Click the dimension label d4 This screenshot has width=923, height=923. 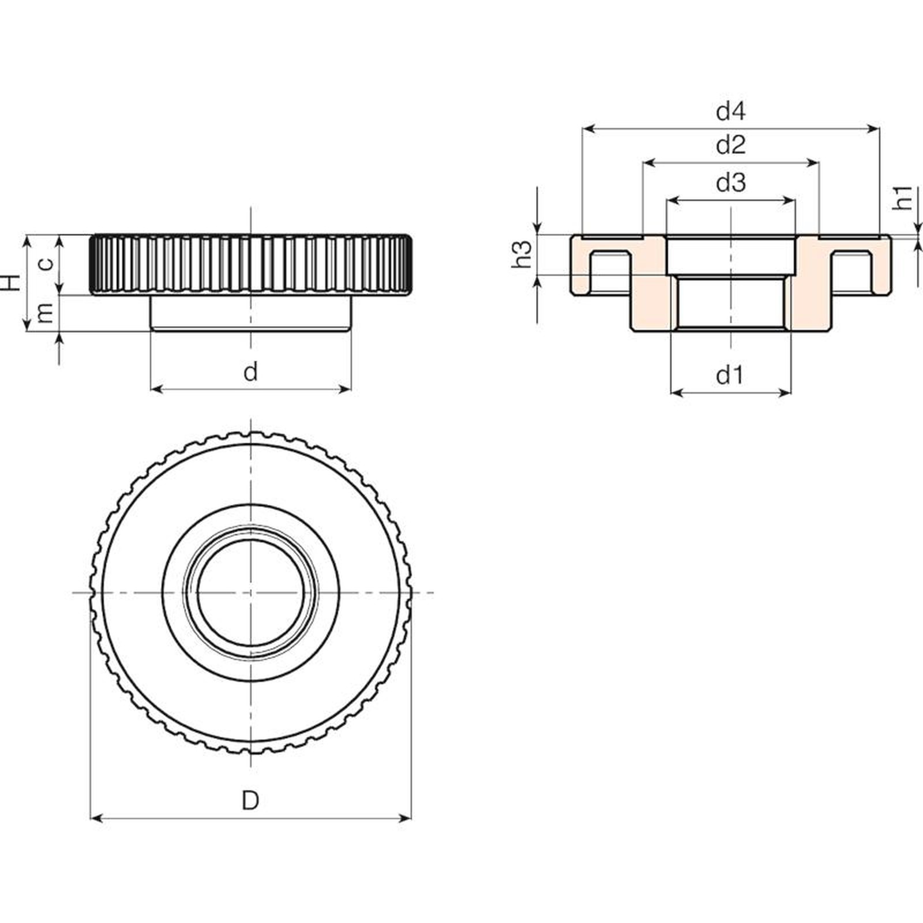tap(731, 110)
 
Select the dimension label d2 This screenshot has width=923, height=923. tap(731, 145)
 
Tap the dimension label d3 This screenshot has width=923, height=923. tap(731, 182)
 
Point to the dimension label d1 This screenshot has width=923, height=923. tap(730, 376)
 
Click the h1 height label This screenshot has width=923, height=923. tap(904, 197)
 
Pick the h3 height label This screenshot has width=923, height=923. tap(523, 254)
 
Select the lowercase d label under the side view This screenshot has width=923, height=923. tap(250, 372)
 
